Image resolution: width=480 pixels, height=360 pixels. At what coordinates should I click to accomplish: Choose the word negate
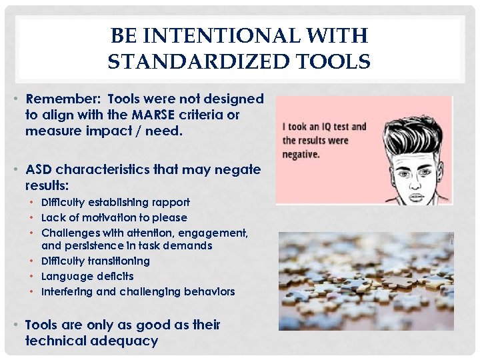(237, 169)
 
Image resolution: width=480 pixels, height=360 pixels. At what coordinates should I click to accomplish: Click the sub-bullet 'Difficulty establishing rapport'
(115, 202)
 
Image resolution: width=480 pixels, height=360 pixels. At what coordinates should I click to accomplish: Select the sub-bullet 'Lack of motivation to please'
(114, 217)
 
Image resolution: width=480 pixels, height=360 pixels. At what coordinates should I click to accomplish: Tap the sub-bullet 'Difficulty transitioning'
(95, 261)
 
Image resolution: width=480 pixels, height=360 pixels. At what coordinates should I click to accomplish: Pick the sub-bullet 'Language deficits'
(87, 276)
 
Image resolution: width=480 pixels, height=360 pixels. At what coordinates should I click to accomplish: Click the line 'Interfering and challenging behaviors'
(138, 291)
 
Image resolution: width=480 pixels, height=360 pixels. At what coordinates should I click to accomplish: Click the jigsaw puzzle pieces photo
(365, 280)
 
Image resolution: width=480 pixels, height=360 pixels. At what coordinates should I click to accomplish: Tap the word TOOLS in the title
(337, 62)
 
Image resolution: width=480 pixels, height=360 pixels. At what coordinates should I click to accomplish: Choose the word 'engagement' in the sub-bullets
(215, 233)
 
